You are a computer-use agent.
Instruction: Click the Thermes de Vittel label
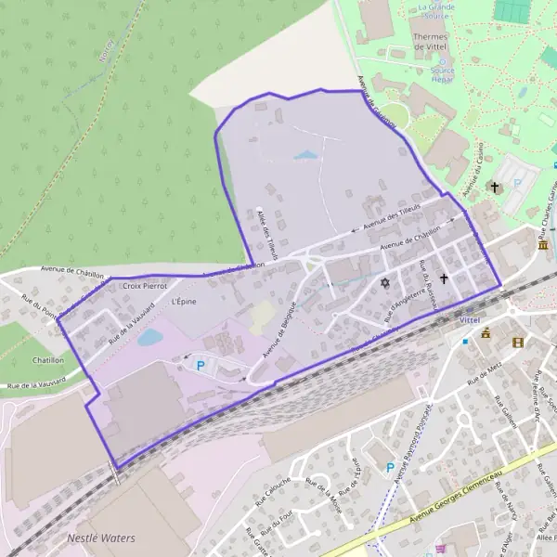430,40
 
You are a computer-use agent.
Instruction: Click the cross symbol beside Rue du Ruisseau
444,278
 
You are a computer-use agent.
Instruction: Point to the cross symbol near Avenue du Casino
495,187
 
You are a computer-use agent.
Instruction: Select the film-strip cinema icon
517,342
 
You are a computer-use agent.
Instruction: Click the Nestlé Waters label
101,538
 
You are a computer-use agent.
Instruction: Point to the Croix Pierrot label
143,287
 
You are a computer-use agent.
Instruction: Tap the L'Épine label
185,302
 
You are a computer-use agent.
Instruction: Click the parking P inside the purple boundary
200,367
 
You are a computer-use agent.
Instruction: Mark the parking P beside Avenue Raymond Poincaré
390,467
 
